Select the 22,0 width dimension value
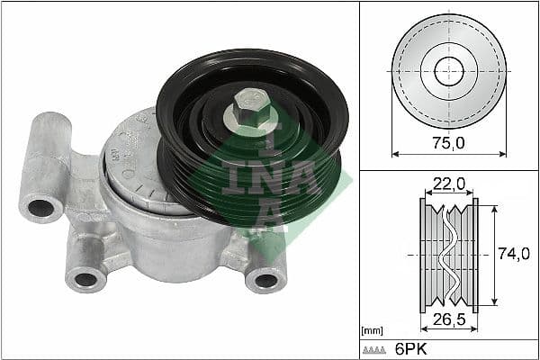click(x=447, y=184)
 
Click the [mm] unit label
click(x=372, y=330)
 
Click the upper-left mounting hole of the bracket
click(x=40, y=210)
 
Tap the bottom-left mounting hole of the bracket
click(x=86, y=278)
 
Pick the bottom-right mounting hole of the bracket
click(x=265, y=280)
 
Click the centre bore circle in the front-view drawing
click(x=447, y=71)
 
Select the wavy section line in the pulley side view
click(x=449, y=255)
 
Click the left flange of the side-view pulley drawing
click(x=424, y=255)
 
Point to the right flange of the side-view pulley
click(x=474, y=255)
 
